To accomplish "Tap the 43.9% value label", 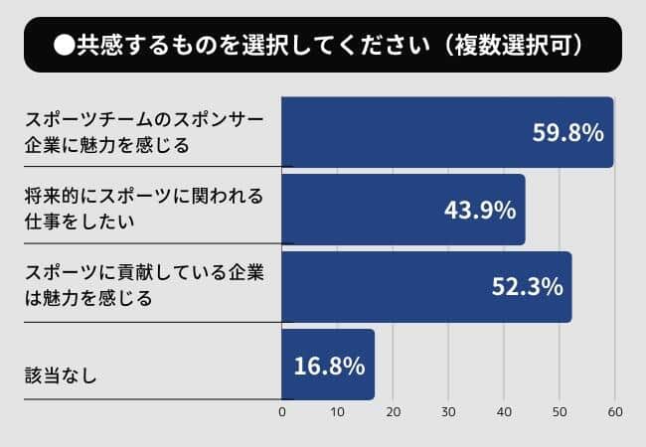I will [x=478, y=210].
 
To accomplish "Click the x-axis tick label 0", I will [x=282, y=412].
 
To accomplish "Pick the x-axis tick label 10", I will [x=338, y=412].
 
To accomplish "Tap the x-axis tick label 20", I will [x=394, y=412].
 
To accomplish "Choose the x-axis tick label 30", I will [x=449, y=412].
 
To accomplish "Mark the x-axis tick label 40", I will [x=505, y=412].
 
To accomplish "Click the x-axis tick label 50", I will [x=561, y=412].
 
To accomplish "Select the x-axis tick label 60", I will [x=616, y=412].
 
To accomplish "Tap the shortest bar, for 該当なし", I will [x=328, y=365].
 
